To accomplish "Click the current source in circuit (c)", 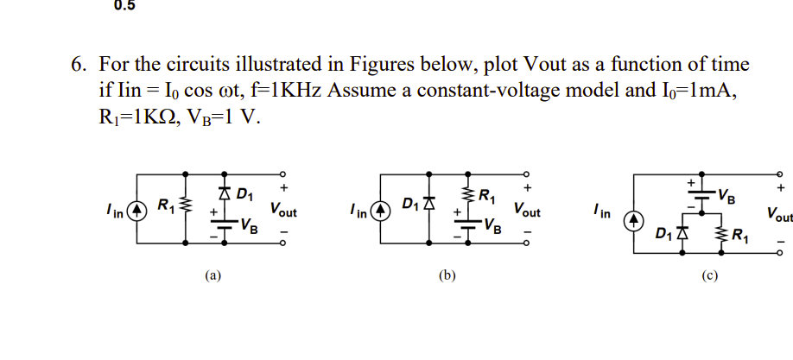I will [633, 221].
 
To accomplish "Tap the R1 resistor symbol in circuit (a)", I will [182, 207].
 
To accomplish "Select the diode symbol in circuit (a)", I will [224, 191].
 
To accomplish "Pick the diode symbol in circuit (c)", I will [684, 232].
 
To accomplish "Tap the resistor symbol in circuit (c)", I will [722, 233].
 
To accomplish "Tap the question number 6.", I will [77, 65].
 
